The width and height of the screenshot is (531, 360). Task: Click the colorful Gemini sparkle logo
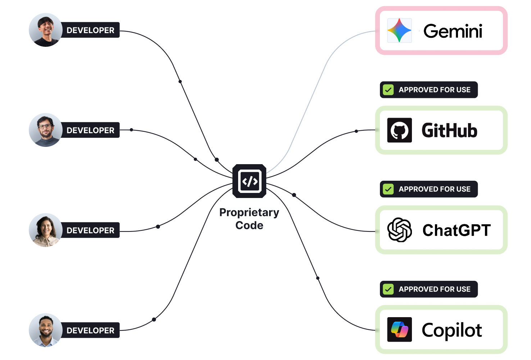pyautogui.click(x=399, y=31)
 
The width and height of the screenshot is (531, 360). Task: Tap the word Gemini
pyautogui.click(x=453, y=31)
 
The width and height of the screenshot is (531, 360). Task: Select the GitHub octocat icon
pyautogui.click(x=399, y=130)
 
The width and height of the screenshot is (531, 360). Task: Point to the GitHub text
pyautogui.click(x=449, y=130)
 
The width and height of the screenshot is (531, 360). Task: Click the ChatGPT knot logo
pyautogui.click(x=399, y=230)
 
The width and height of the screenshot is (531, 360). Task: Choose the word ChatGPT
pyautogui.click(x=457, y=230)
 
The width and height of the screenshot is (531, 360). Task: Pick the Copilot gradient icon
pyautogui.click(x=399, y=329)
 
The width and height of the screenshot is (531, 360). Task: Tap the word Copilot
pyautogui.click(x=452, y=330)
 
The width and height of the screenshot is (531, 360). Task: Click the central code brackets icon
pyautogui.click(x=249, y=181)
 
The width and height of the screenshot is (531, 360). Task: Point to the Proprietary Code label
pyautogui.click(x=249, y=219)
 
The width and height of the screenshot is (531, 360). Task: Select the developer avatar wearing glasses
pyautogui.click(x=45, y=130)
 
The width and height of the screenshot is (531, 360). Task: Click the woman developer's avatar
pyautogui.click(x=45, y=230)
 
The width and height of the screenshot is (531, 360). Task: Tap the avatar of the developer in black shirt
pyautogui.click(x=45, y=30)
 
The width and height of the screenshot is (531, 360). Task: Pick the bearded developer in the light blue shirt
pyautogui.click(x=45, y=330)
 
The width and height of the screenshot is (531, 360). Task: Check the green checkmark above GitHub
pyautogui.click(x=388, y=90)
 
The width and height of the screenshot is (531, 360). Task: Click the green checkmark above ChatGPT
pyautogui.click(x=388, y=189)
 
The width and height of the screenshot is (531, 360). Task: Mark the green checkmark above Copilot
pyautogui.click(x=388, y=289)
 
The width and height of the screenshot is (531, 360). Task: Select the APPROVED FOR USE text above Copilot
pyautogui.click(x=434, y=289)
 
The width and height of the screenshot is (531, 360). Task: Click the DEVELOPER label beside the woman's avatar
pyautogui.click(x=90, y=230)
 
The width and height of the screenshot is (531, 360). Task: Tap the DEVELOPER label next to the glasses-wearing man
pyautogui.click(x=90, y=130)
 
